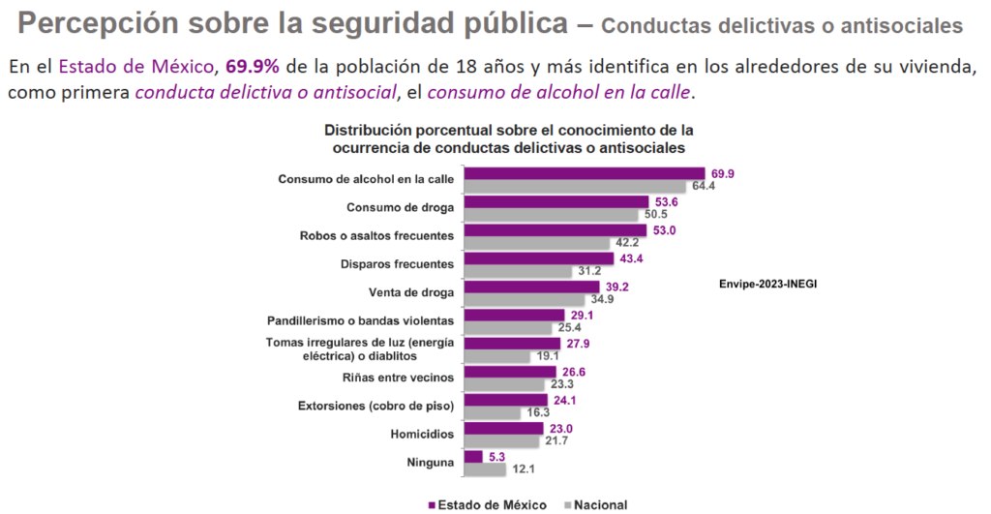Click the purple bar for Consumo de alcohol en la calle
click(586, 174)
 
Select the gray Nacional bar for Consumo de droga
click(552, 215)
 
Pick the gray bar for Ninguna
click(485, 469)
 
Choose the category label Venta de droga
click(413, 292)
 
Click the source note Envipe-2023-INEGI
click(761, 284)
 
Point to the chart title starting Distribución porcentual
click(508, 138)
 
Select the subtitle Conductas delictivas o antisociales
click(788, 26)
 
